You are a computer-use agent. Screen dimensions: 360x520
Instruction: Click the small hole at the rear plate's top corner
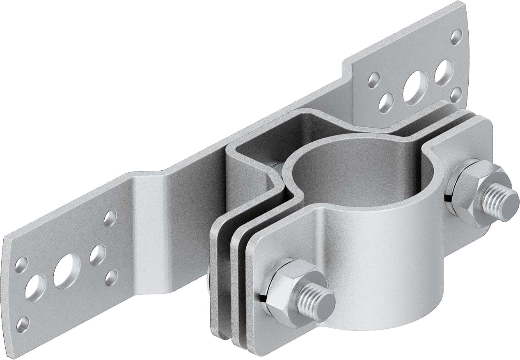tap(456, 36)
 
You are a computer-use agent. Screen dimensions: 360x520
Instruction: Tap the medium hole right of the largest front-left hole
tap(98, 255)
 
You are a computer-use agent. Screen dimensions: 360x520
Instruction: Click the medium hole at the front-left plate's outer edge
tap(34, 287)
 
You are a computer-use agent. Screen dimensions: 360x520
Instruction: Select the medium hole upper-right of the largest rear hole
tap(444, 71)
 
